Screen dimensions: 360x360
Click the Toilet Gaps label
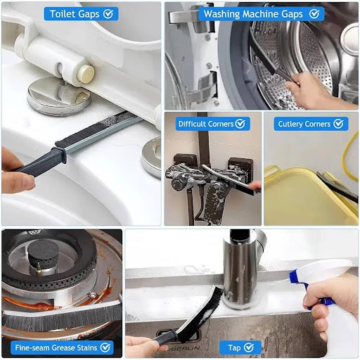coord(81,14)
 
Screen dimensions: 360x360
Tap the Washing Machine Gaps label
coord(261,14)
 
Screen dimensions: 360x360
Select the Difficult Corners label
coord(212,124)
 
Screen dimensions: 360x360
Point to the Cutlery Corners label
coord(311,124)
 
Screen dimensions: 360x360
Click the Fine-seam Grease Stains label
coord(62,347)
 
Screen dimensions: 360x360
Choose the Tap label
coord(240,347)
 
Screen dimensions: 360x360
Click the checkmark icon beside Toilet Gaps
coord(108,14)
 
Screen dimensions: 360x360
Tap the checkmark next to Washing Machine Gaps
coord(314,14)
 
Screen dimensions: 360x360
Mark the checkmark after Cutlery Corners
coord(338,124)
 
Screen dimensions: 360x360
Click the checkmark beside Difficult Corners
coord(240,124)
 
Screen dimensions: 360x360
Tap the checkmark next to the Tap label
coord(249,347)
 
